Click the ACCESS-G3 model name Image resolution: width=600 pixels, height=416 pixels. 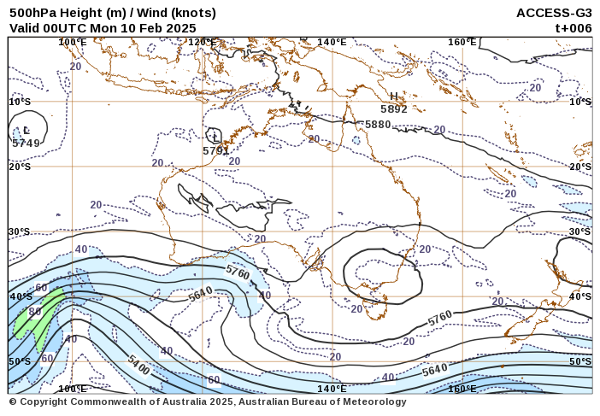(554, 13)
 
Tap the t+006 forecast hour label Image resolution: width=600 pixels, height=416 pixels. (573, 27)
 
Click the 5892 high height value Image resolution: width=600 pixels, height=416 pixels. (394, 109)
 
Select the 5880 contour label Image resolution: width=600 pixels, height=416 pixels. (378, 125)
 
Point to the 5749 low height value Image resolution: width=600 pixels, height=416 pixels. (26, 143)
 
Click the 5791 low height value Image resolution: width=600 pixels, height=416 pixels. (216, 151)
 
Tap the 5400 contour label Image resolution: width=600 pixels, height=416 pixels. (139, 365)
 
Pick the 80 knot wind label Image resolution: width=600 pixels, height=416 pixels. (35, 312)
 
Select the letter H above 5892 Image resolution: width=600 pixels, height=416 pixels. (394, 97)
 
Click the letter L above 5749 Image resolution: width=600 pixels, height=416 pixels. (26, 131)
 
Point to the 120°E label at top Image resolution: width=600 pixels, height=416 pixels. (203, 42)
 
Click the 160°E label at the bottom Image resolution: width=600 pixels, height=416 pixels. (462, 389)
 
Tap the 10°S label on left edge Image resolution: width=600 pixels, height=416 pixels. (20, 102)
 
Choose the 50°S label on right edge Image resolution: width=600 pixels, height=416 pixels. (580, 361)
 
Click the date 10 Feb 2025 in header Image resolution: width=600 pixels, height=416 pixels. (156, 27)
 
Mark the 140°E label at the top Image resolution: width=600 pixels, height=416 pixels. (332, 42)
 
